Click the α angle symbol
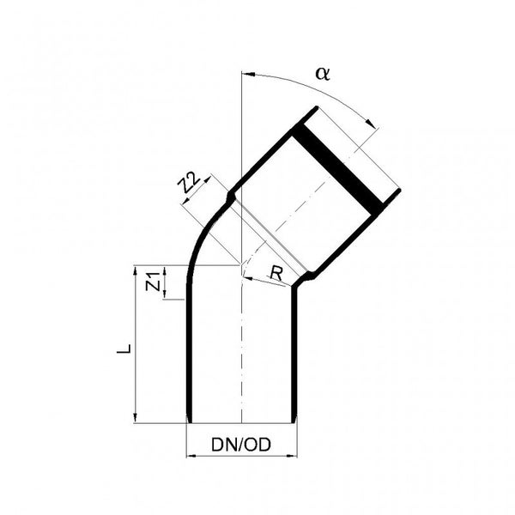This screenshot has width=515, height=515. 323,73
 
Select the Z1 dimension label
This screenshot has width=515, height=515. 152,281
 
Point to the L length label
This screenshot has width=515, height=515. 124,349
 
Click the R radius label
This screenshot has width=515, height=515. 275,273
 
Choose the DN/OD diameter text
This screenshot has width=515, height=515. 241,445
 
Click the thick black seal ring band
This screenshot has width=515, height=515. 337,167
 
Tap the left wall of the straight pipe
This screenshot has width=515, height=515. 188,360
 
